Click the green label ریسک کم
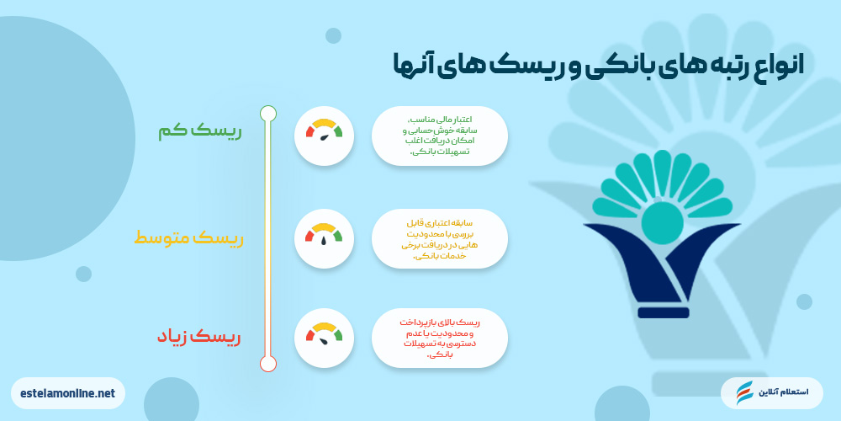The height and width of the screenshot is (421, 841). (x=199, y=132)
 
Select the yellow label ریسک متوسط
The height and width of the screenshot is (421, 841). (x=188, y=239)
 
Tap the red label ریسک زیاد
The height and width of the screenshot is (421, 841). (x=198, y=337)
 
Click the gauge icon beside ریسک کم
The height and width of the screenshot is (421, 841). (x=324, y=135)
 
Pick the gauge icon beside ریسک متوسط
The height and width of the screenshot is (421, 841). (x=324, y=238)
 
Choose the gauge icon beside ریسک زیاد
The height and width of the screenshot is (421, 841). (x=324, y=338)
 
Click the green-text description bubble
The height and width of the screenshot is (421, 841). (x=440, y=135)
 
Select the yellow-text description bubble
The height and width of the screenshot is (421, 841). (x=440, y=239)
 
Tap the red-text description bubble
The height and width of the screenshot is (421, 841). (x=440, y=338)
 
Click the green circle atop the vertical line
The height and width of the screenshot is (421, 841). (x=268, y=113)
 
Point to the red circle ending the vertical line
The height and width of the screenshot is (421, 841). (x=268, y=364)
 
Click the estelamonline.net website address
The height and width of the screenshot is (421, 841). (x=68, y=392)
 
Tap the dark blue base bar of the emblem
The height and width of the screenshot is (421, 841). (x=663, y=312)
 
